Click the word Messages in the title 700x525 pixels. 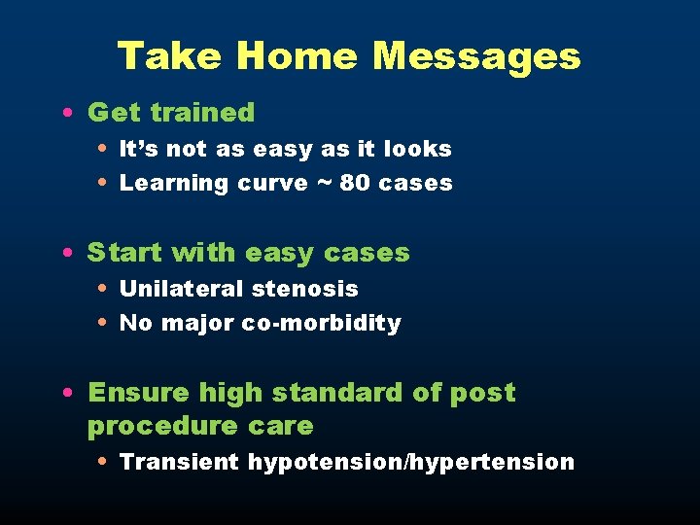pyautogui.click(x=476, y=56)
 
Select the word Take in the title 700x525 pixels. pyautogui.click(x=170, y=56)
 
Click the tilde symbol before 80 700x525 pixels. pyautogui.click(x=325, y=184)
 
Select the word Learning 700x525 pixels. pyautogui.click(x=174, y=184)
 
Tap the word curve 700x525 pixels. pyautogui.click(x=273, y=183)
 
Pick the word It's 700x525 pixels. pyautogui.click(x=138, y=149)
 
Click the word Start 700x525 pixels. pyautogui.click(x=125, y=253)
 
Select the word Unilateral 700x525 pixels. pyautogui.click(x=181, y=289)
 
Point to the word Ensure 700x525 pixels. pyautogui.click(x=139, y=393)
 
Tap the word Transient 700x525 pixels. pyautogui.click(x=179, y=462)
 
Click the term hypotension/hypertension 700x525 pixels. pyautogui.click(x=411, y=462)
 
